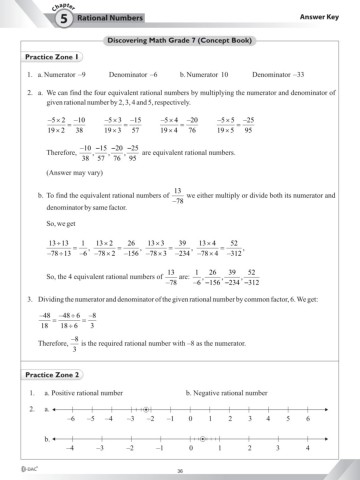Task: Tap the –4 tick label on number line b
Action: (69, 450)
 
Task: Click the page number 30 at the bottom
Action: (180, 471)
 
